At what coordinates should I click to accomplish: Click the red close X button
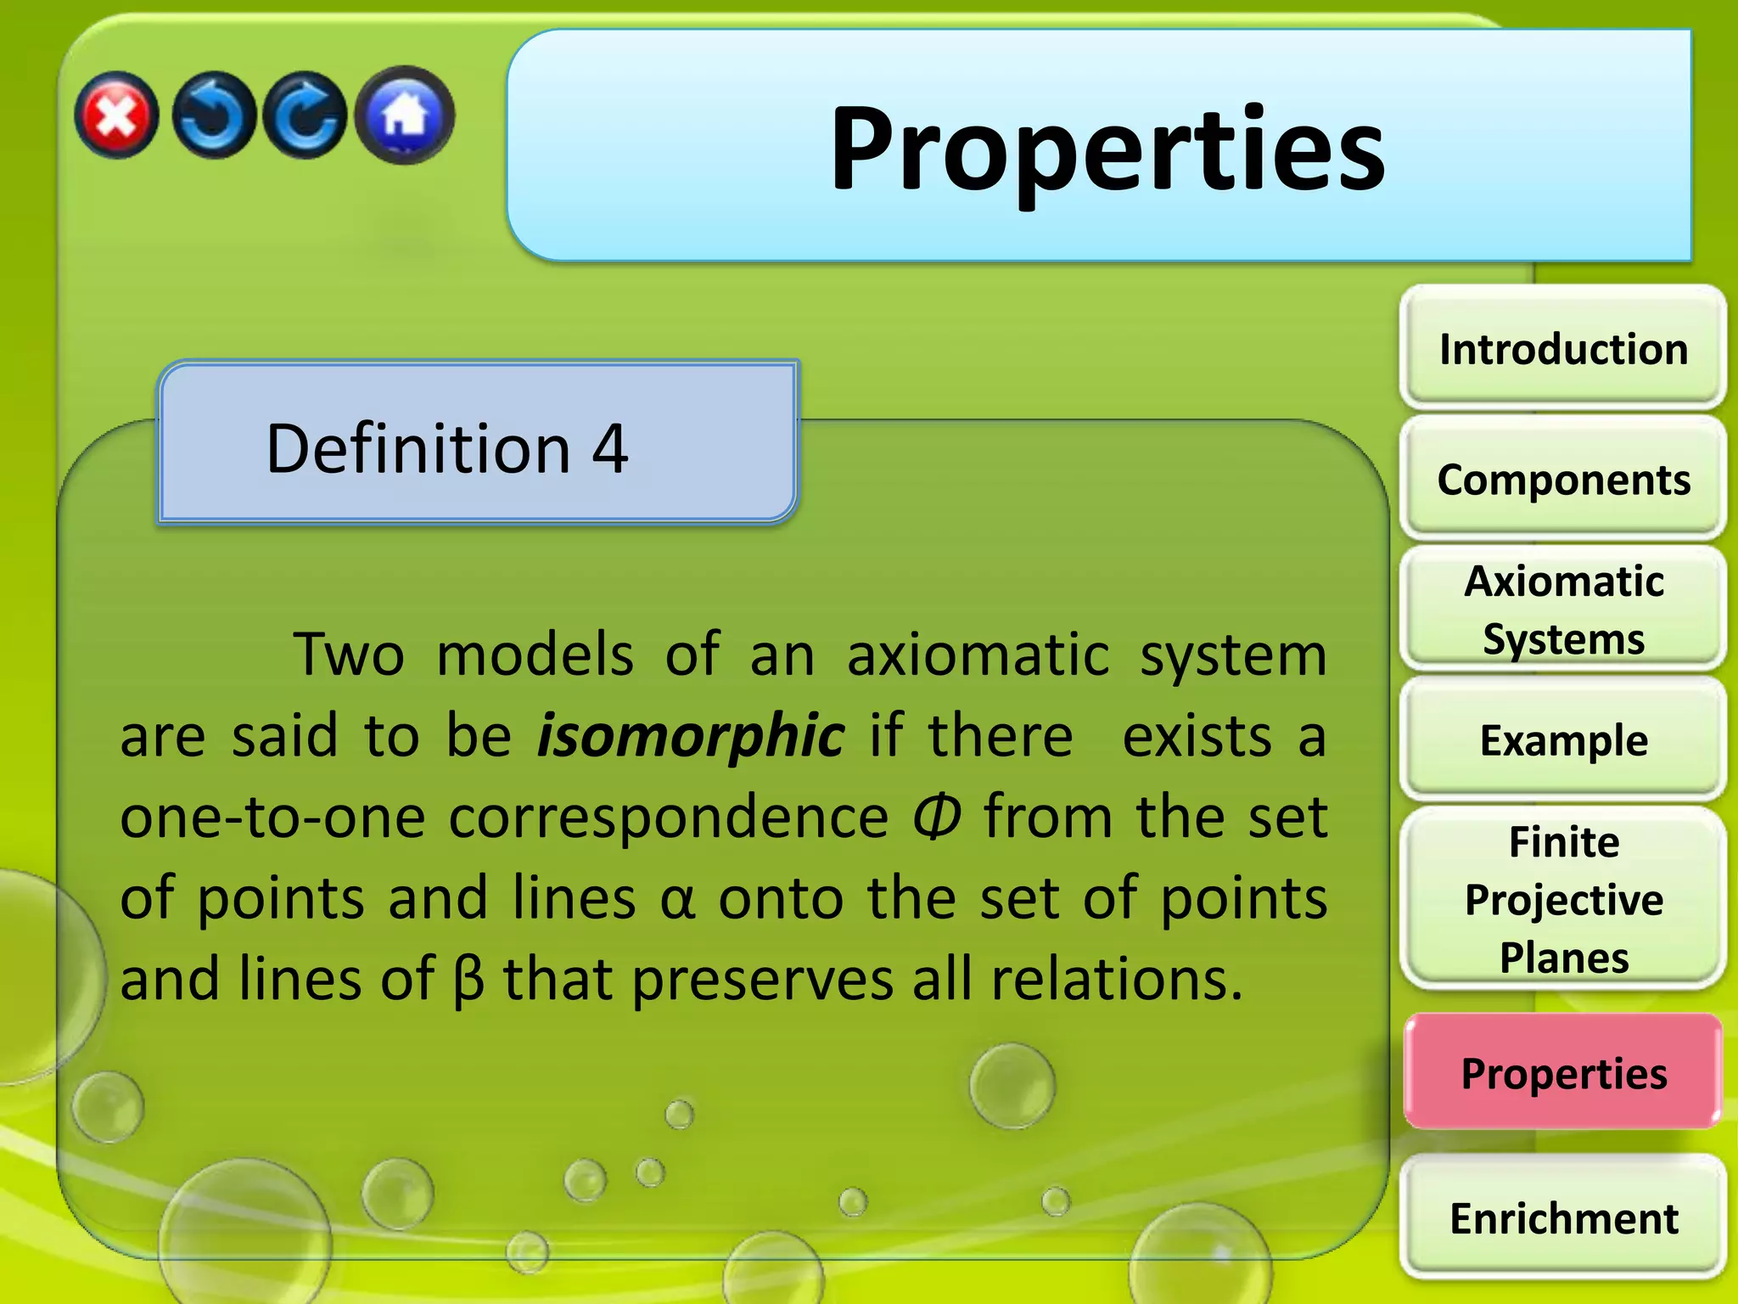116,115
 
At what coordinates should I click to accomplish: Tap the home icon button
405,115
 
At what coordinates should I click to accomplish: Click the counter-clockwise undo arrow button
213,115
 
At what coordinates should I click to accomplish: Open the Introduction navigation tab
1563,349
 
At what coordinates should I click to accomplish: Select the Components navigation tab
1563,480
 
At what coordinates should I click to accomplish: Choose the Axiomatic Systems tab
1563,610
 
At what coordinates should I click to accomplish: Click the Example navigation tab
1563,740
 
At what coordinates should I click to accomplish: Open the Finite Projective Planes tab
1563,899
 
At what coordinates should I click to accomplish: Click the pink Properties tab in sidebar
1563,1073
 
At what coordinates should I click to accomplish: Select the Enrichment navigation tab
1563,1217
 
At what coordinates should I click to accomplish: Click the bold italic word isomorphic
691,735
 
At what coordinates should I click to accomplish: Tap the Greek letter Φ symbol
937,817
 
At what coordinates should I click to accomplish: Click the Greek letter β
468,980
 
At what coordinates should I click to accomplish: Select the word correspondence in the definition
669,817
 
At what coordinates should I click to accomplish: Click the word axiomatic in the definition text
978,655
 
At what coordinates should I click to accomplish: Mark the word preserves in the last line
762,980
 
